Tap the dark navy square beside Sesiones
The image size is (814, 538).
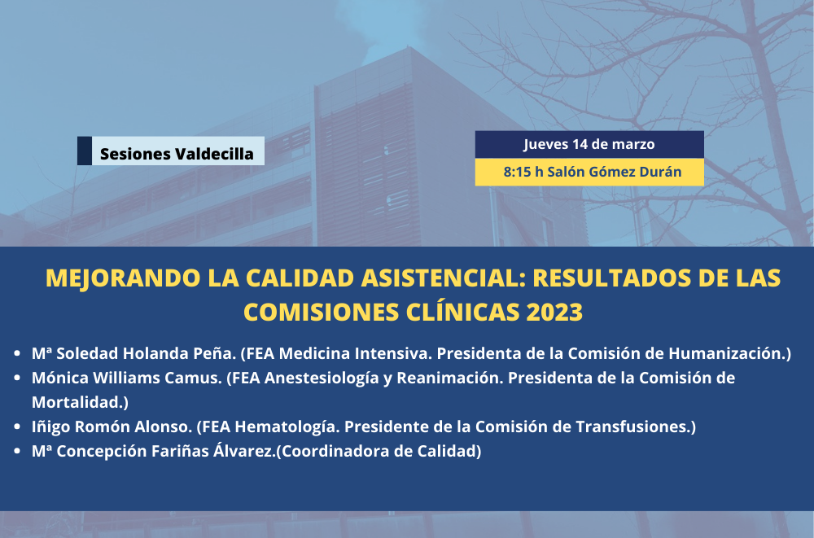pyautogui.click(x=85, y=151)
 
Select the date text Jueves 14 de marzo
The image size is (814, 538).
pyautogui.click(x=589, y=144)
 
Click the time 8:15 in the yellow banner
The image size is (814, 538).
pyautogui.click(x=517, y=172)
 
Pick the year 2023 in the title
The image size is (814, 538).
pyautogui.click(x=554, y=312)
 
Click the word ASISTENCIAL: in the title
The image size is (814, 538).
pyautogui.click(x=444, y=278)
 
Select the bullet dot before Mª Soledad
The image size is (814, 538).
pyautogui.click(x=17, y=353)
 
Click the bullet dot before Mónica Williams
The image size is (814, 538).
pyautogui.click(x=17, y=378)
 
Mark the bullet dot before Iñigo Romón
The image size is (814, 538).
pyautogui.click(x=17, y=426)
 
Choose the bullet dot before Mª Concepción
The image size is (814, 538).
pyautogui.click(x=17, y=451)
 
